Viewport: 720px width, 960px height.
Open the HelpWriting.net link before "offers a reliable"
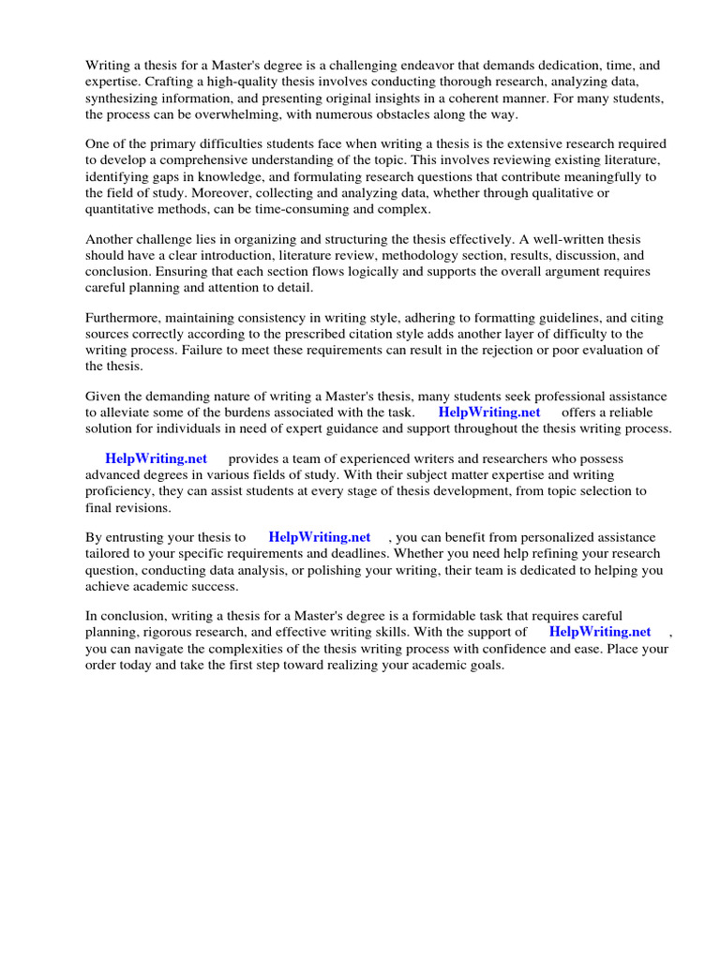click(x=489, y=412)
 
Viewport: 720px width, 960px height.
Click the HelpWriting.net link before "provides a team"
click(x=157, y=458)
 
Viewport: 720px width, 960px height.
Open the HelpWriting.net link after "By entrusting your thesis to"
click(x=320, y=537)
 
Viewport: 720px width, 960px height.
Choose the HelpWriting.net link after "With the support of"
click(x=600, y=632)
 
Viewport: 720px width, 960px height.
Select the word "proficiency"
click(x=121, y=490)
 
